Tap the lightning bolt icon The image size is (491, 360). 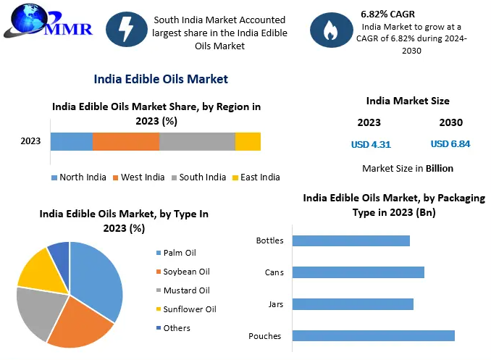(x=125, y=30)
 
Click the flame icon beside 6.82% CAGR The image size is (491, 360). (x=330, y=30)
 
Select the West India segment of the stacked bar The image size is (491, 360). (x=125, y=142)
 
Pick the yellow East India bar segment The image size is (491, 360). (x=248, y=142)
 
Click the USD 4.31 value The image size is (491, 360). (x=371, y=144)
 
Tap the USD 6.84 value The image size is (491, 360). (x=450, y=144)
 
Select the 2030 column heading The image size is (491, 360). (x=450, y=122)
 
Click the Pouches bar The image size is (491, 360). (x=374, y=335)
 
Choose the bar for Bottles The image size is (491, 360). (x=351, y=240)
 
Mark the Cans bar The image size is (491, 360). (x=358, y=272)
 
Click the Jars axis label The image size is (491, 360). (x=274, y=304)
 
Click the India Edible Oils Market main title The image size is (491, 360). (x=161, y=79)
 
